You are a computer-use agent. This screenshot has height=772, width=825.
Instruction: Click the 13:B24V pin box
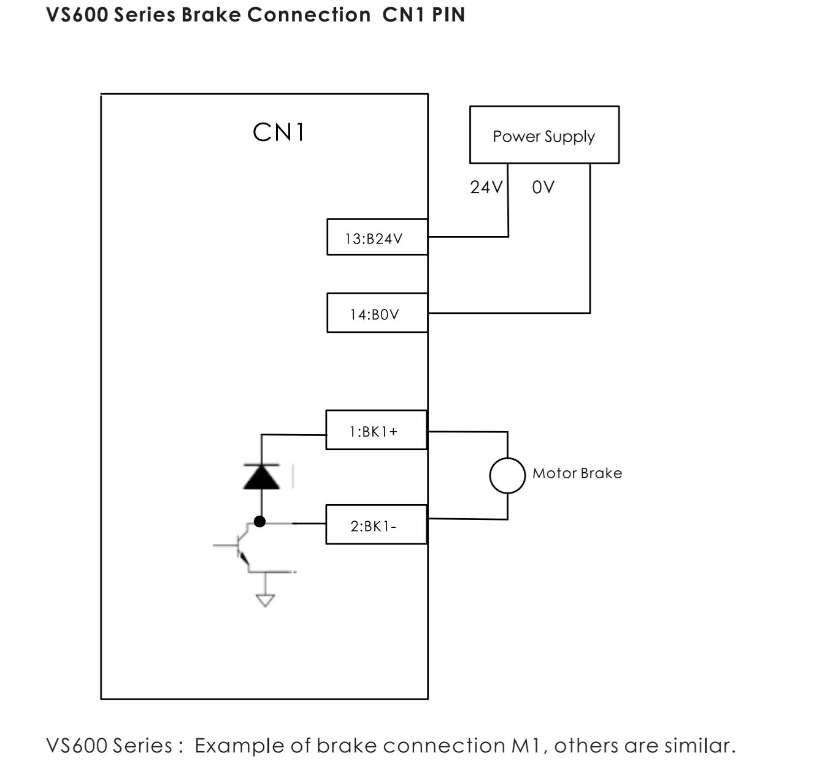click(377, 237)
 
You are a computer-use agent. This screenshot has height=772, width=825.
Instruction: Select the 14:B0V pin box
click(377, 313)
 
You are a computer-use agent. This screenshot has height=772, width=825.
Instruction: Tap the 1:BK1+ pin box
click(375, 430)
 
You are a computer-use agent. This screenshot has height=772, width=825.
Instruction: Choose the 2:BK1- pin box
click(375, 525)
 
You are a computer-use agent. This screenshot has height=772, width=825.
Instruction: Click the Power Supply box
click(544, 135)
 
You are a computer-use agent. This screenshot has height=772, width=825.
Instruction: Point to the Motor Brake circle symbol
click(507, 475)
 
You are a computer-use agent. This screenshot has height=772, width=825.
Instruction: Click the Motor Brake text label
click(577, 473)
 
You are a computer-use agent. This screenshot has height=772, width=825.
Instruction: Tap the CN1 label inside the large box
click(278, 132)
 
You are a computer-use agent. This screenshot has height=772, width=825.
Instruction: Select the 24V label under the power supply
click(486, 187)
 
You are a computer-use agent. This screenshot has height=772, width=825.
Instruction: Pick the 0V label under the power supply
click(543, 187)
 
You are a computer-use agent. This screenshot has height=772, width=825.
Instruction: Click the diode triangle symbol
click(262, 476)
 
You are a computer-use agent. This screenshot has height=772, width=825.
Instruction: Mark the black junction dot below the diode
click(260, 522)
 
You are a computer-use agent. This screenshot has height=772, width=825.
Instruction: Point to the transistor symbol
click(243, 545)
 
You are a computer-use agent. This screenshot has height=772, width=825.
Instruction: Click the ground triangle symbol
click(265, 600)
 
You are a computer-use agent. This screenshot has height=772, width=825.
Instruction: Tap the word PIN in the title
click(448, 15)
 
